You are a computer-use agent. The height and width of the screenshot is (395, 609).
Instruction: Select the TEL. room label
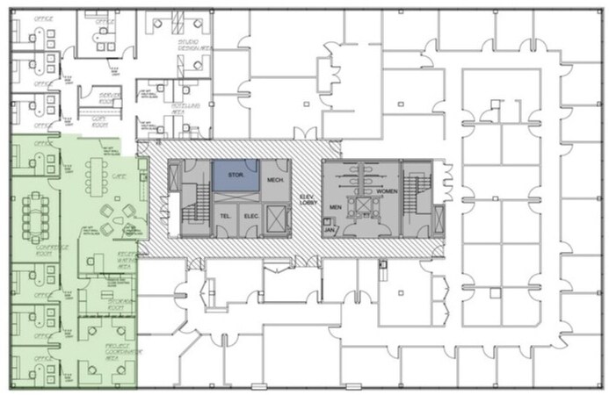225,215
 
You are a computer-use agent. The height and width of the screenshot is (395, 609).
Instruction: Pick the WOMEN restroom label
388,190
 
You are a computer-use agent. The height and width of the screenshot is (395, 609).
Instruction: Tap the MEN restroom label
335,207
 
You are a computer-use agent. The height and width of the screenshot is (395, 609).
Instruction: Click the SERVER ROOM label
109,97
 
